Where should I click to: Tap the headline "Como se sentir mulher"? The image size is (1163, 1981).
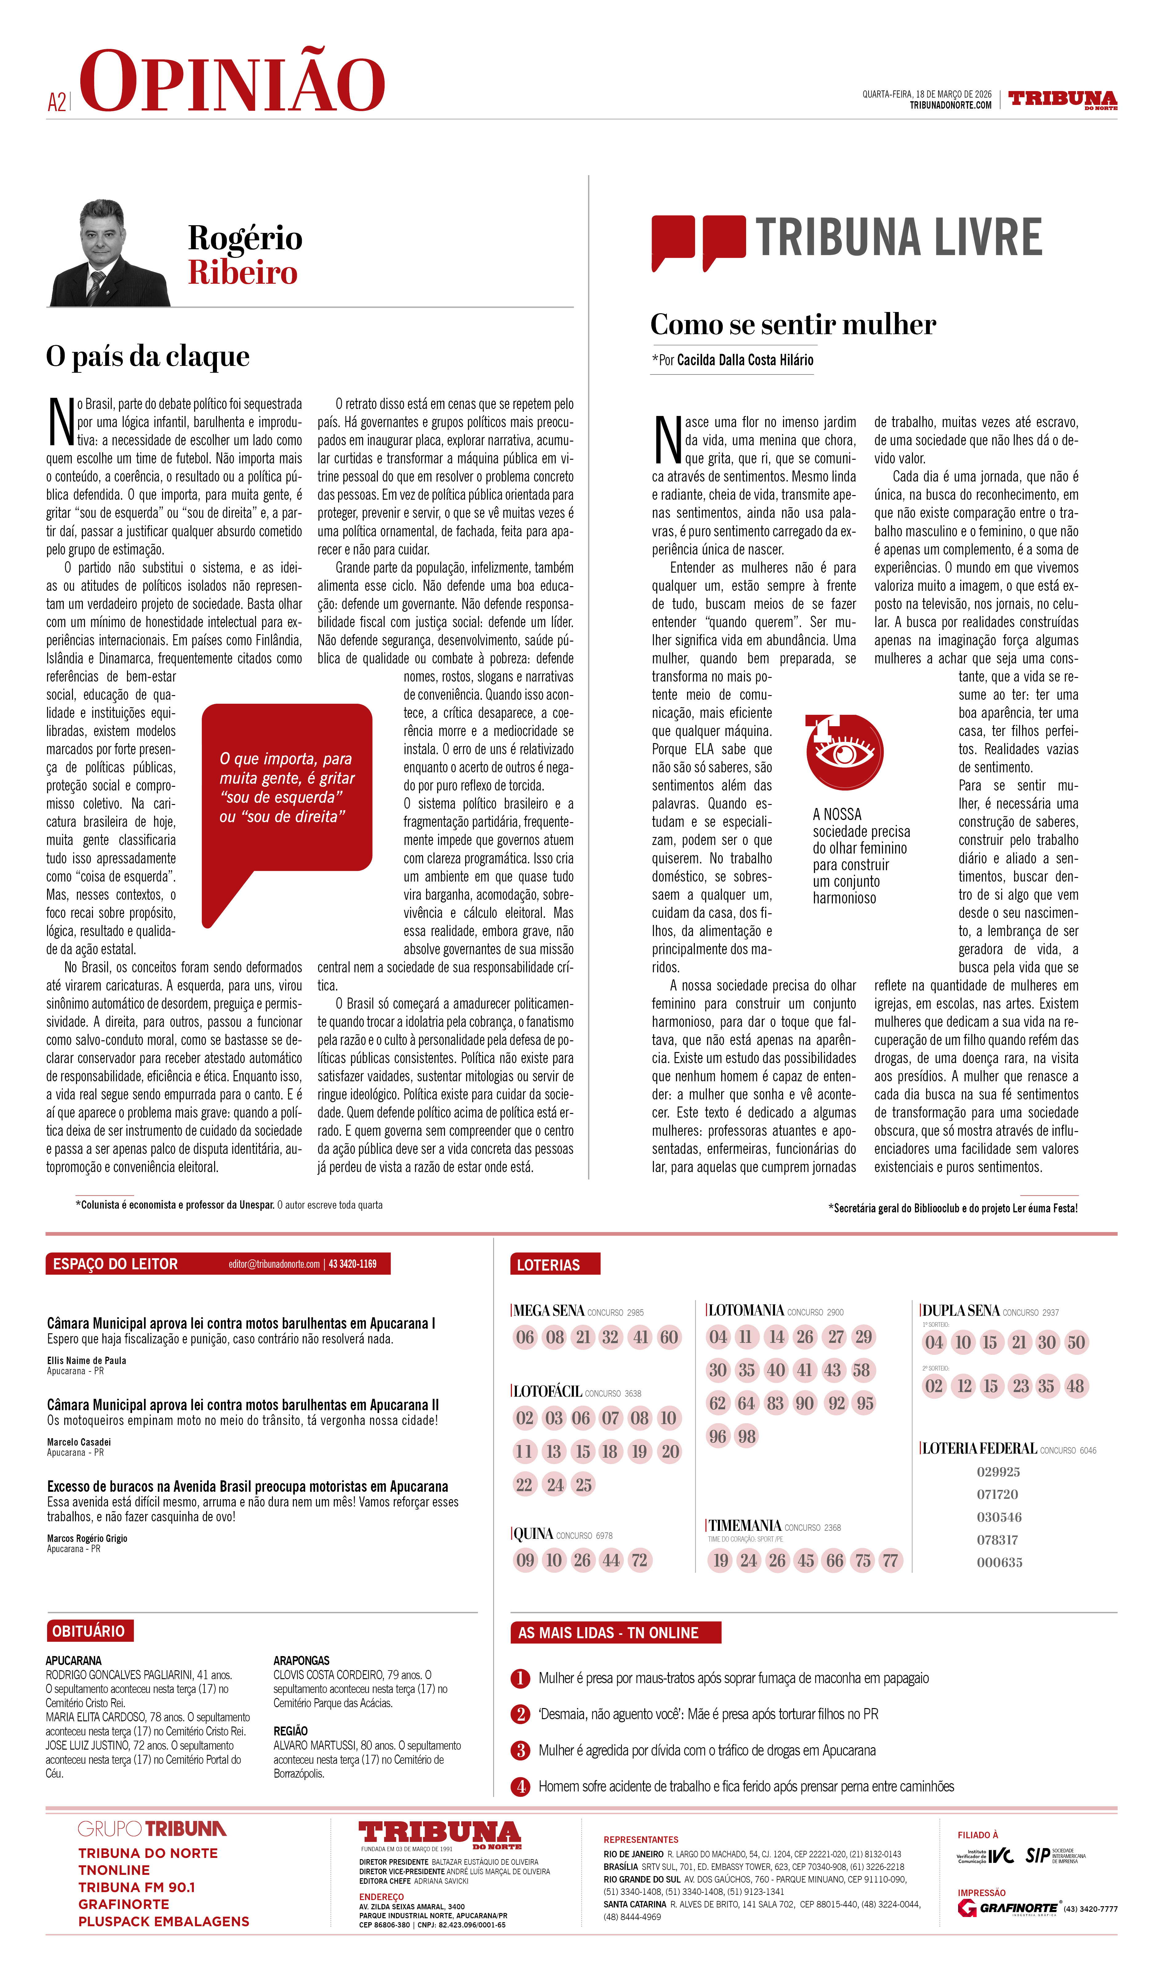pos(793,325)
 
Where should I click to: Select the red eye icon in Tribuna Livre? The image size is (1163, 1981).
pos(844,752)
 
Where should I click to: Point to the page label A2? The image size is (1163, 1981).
pos(57,102)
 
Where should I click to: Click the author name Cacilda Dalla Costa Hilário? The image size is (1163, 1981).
pos(745,360)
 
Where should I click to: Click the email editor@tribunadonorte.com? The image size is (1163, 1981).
pos(274,1264)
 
